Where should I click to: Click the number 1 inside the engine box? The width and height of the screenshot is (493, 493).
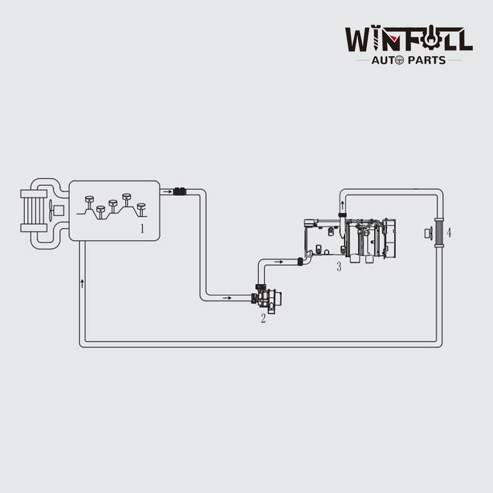142,229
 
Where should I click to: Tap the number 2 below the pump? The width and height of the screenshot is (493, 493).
263,318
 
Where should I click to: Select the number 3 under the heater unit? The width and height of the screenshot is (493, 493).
338,267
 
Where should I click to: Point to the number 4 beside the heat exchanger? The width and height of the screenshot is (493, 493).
449,232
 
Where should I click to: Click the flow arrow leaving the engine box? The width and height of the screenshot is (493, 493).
166,192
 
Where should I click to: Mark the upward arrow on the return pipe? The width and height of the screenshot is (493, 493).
82,282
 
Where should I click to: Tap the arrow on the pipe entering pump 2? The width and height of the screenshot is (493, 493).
226,298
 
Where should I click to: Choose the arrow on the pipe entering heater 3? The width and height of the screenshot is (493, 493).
278,262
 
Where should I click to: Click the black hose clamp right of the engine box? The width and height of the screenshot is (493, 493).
179,192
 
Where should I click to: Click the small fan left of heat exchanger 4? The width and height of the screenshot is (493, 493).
428,233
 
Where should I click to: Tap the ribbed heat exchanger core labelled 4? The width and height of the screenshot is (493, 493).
439,233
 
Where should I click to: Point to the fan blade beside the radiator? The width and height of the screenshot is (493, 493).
51,210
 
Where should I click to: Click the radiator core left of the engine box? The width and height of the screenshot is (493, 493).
34,210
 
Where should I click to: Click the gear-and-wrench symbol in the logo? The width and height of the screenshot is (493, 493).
429,39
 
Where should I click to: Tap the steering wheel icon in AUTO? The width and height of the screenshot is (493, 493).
399,61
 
